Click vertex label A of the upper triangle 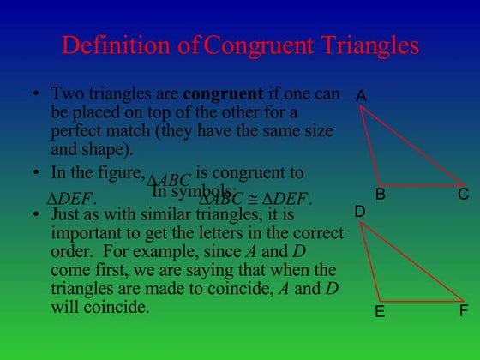(x=361, y=97)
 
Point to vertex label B (x=381, y=195)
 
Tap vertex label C (x=463, y=195)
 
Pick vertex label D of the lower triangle (x=360, y=211)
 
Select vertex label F (x=463, y=310)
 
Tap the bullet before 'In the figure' (x=37, y=172)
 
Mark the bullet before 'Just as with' (x=37, y=214)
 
